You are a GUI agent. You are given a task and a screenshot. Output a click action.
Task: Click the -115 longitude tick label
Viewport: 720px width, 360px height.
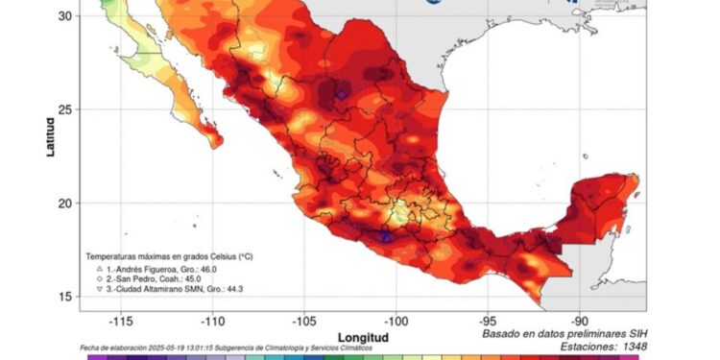tap(120, 321)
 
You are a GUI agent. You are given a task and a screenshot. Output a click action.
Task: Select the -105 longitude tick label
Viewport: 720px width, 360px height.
tap(304, 321)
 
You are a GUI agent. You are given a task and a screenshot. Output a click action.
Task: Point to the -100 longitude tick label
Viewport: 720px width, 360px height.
tap(396, 321)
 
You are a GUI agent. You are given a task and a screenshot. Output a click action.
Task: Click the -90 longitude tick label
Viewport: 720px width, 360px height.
tap(580, 321)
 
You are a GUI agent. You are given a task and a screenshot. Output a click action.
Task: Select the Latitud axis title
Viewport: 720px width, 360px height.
tap(49, 133)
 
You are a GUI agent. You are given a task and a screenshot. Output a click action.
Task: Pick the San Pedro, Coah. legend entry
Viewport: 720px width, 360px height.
tap(154, 281)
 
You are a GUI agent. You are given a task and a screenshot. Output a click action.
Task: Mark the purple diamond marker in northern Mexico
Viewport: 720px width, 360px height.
tap(341, 94)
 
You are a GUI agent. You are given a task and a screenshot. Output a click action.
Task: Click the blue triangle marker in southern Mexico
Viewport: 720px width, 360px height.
tap(386, 236)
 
